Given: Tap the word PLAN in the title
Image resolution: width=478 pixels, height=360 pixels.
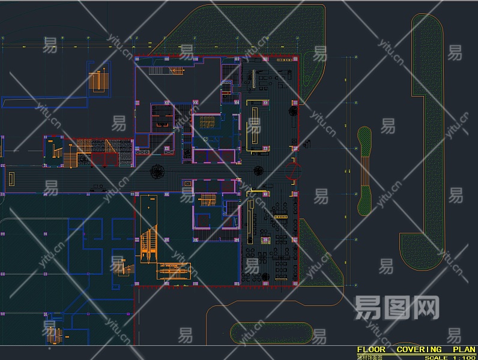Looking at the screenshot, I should pyautogui.click(x=463, y=349).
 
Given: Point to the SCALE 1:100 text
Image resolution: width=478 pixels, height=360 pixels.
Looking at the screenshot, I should pyautogui.click(x=449, y=358).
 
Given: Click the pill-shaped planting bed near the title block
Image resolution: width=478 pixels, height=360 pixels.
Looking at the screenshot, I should pyautogui.click(x=271, y=333).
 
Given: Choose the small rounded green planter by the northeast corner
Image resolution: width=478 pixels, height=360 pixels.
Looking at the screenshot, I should pyautogui.click(x=312, y=67).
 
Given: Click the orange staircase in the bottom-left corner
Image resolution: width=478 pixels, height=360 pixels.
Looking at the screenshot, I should pyautogui.click(x=55, y=336).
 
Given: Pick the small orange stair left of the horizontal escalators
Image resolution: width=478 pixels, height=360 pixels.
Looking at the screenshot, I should pyautogui.click(x=120, y=268).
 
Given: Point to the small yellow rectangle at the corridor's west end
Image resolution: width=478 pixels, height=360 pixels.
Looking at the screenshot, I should pyautogui.click(x=11, y=178).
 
